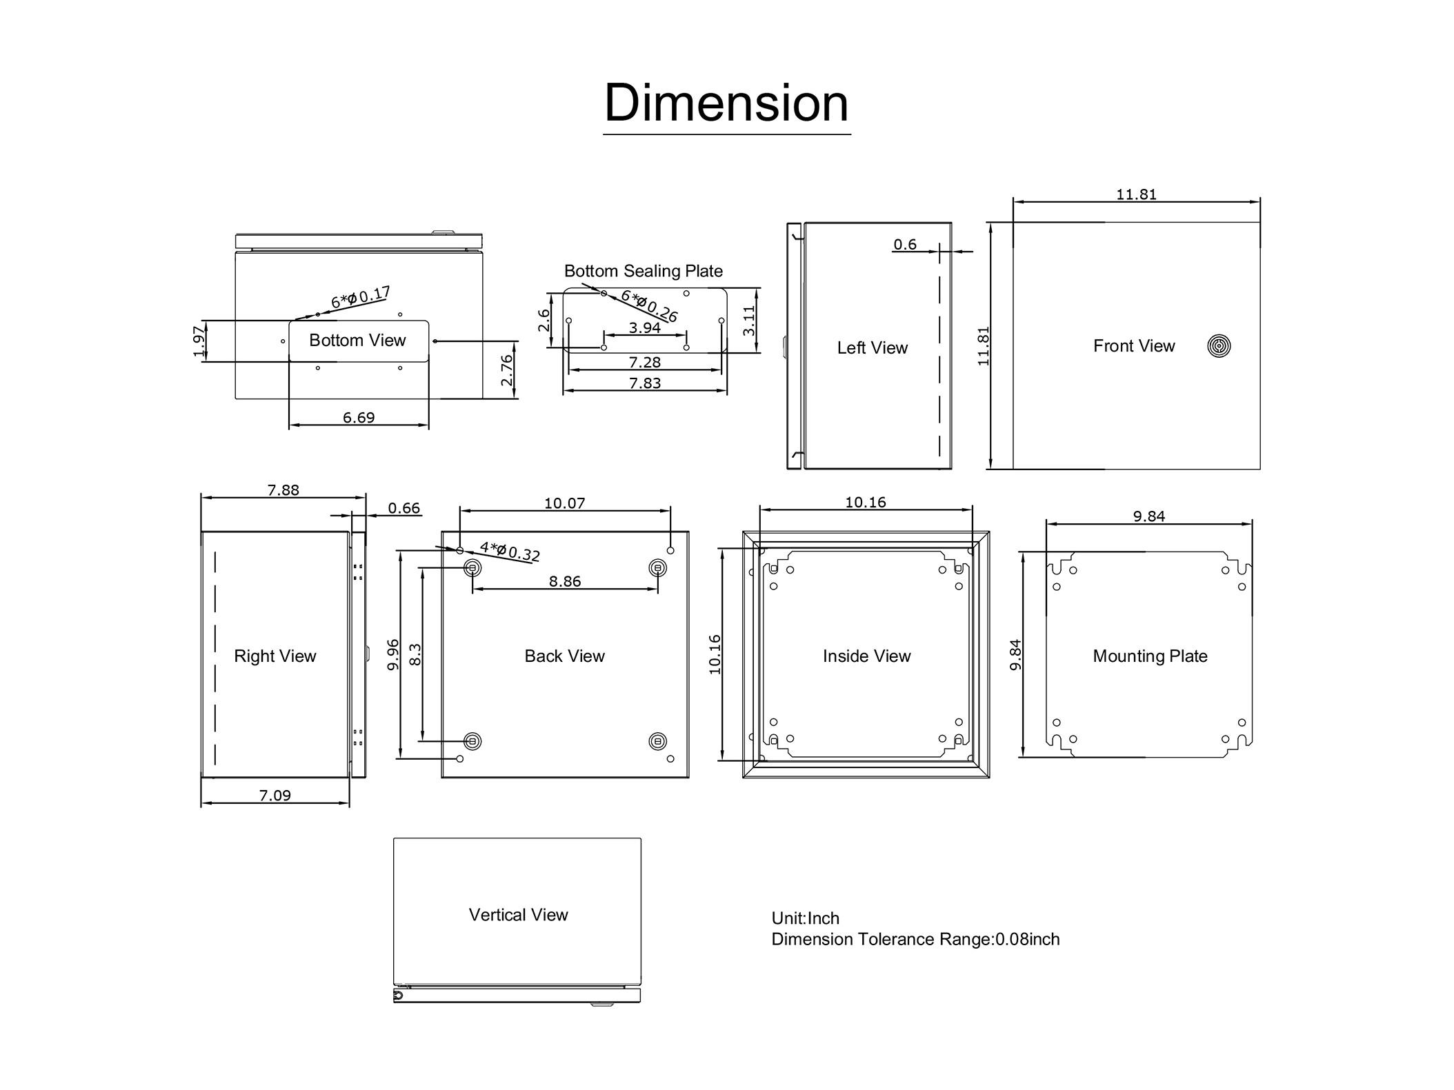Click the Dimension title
point(726,103)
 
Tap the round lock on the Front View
point(1219,346)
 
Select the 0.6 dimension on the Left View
point(905,245)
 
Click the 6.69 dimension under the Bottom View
point(359,418)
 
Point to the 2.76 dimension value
point(507,370)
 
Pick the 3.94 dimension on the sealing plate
point(645,328)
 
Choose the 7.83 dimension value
point(645,383)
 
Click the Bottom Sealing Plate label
point(644,271)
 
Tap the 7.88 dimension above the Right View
point(283,490)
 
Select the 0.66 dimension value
point(404,508)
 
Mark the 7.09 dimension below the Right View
point(275,796)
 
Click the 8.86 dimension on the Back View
point(565,582)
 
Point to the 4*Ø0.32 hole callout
point(510,552)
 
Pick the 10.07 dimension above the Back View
point(565,503)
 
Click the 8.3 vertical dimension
point(415,654)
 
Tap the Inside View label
point(866,656)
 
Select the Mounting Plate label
point(1150,656)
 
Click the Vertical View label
point(518,915)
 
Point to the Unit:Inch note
point(805,918)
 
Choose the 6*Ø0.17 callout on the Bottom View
point(361,297)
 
